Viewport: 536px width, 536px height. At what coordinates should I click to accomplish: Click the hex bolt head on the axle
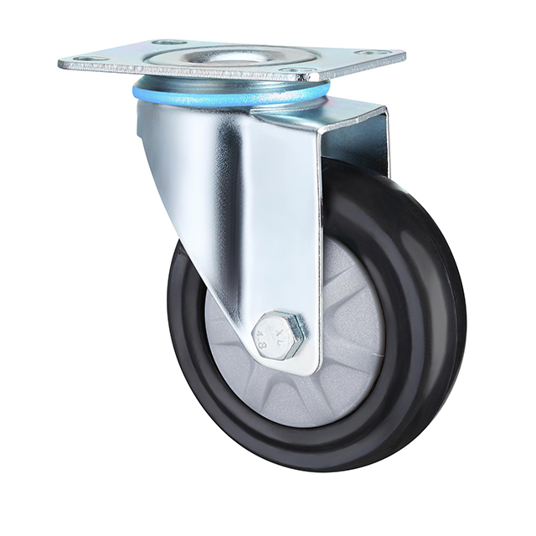(x=278, y=334)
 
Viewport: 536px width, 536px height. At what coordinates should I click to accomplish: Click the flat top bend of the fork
(x=327, y=113)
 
